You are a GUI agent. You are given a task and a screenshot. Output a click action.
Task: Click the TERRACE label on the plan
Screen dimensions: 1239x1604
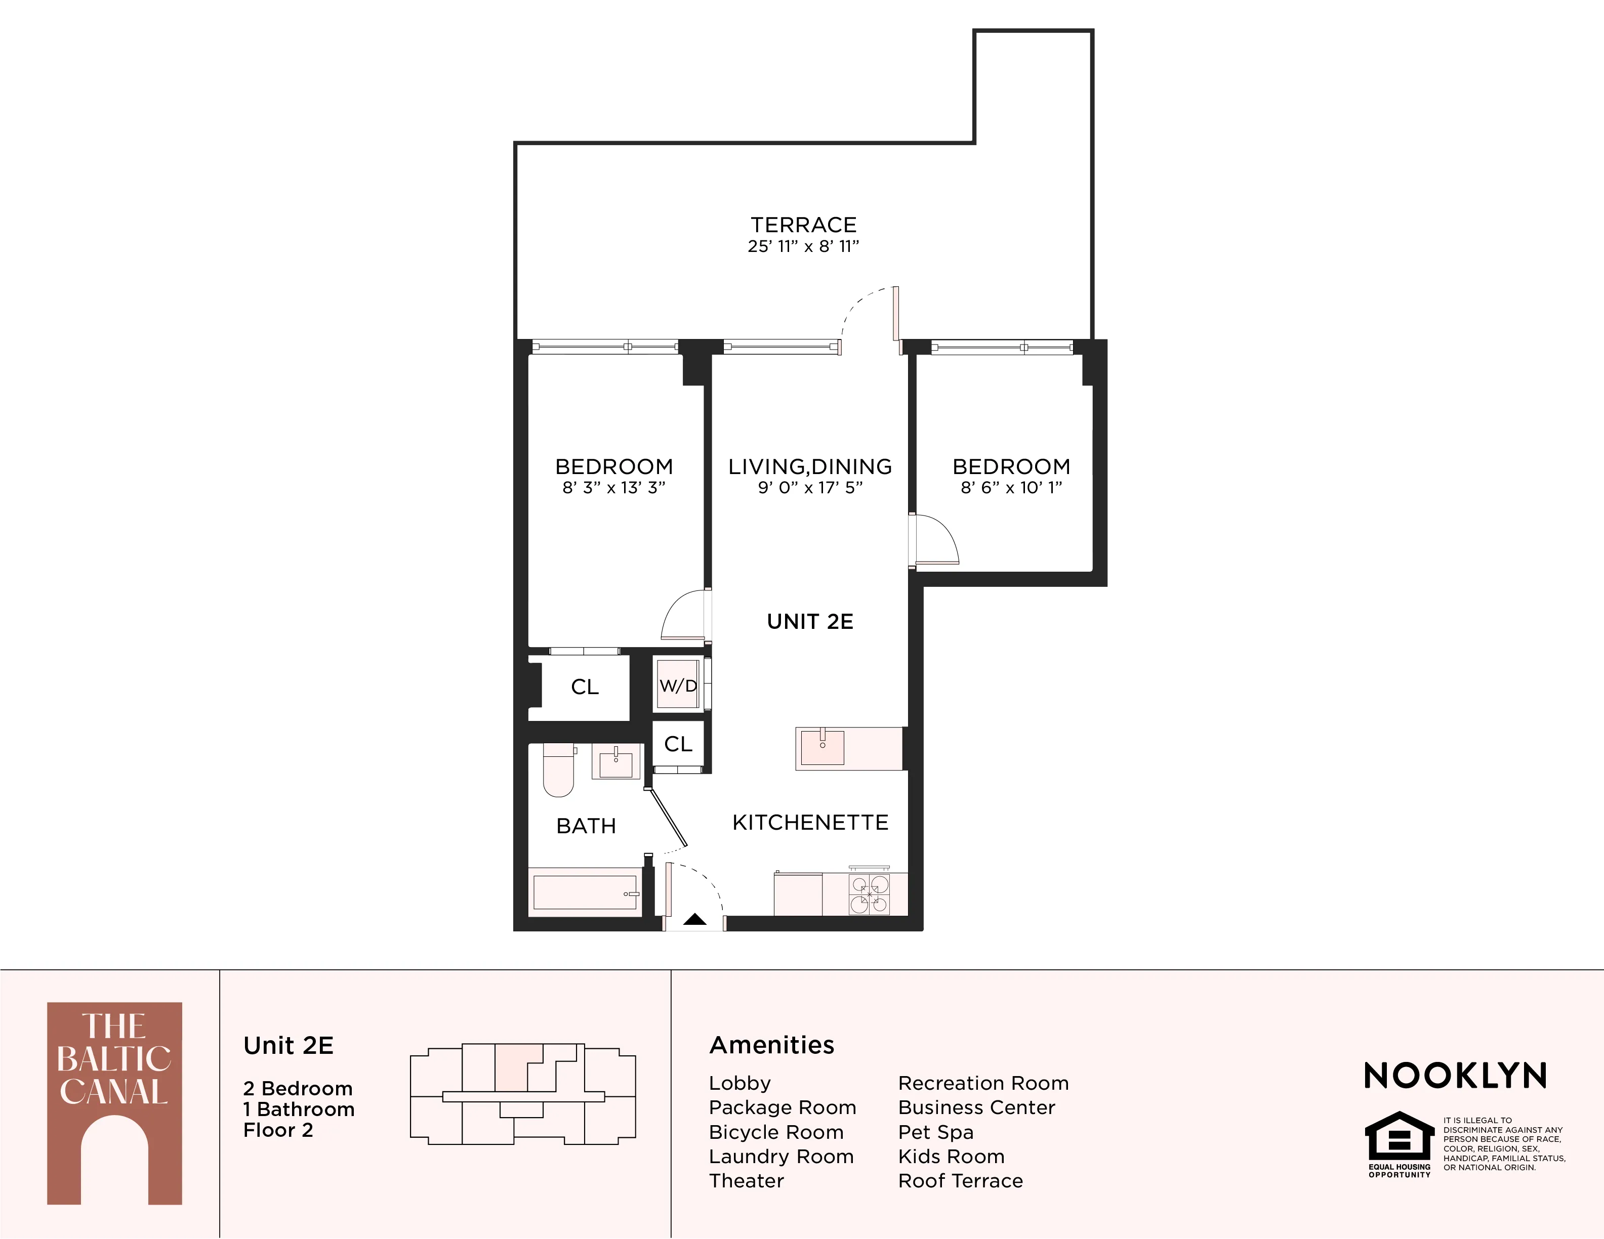[803, 225]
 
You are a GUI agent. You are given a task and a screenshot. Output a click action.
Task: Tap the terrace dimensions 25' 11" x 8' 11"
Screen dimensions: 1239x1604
[803, 246]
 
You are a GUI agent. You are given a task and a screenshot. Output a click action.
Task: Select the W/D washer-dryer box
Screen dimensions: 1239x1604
[678, 686]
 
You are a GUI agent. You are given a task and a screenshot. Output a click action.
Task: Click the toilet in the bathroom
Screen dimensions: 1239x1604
[558, 771]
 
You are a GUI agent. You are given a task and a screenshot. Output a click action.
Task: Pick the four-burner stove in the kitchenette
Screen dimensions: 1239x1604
[870, 894]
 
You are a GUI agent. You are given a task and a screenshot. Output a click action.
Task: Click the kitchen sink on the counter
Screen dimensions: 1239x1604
[822, 747]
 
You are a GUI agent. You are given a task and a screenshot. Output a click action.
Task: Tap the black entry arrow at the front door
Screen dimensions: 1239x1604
[695, 919]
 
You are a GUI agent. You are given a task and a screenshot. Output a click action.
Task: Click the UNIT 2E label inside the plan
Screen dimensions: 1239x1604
[810, 622]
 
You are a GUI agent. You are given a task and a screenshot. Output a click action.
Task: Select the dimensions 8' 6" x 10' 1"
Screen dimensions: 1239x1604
[1011, 487]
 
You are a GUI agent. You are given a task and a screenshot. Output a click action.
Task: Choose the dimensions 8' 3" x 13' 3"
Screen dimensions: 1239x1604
[614, 487]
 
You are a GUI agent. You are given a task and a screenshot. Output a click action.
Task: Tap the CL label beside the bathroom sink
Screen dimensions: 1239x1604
[678, 744]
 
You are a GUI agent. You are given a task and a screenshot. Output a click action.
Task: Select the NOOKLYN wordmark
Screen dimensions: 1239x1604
[1456, 1076]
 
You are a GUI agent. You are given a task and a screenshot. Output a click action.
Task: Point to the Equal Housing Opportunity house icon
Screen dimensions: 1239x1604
[1399, 1136]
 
